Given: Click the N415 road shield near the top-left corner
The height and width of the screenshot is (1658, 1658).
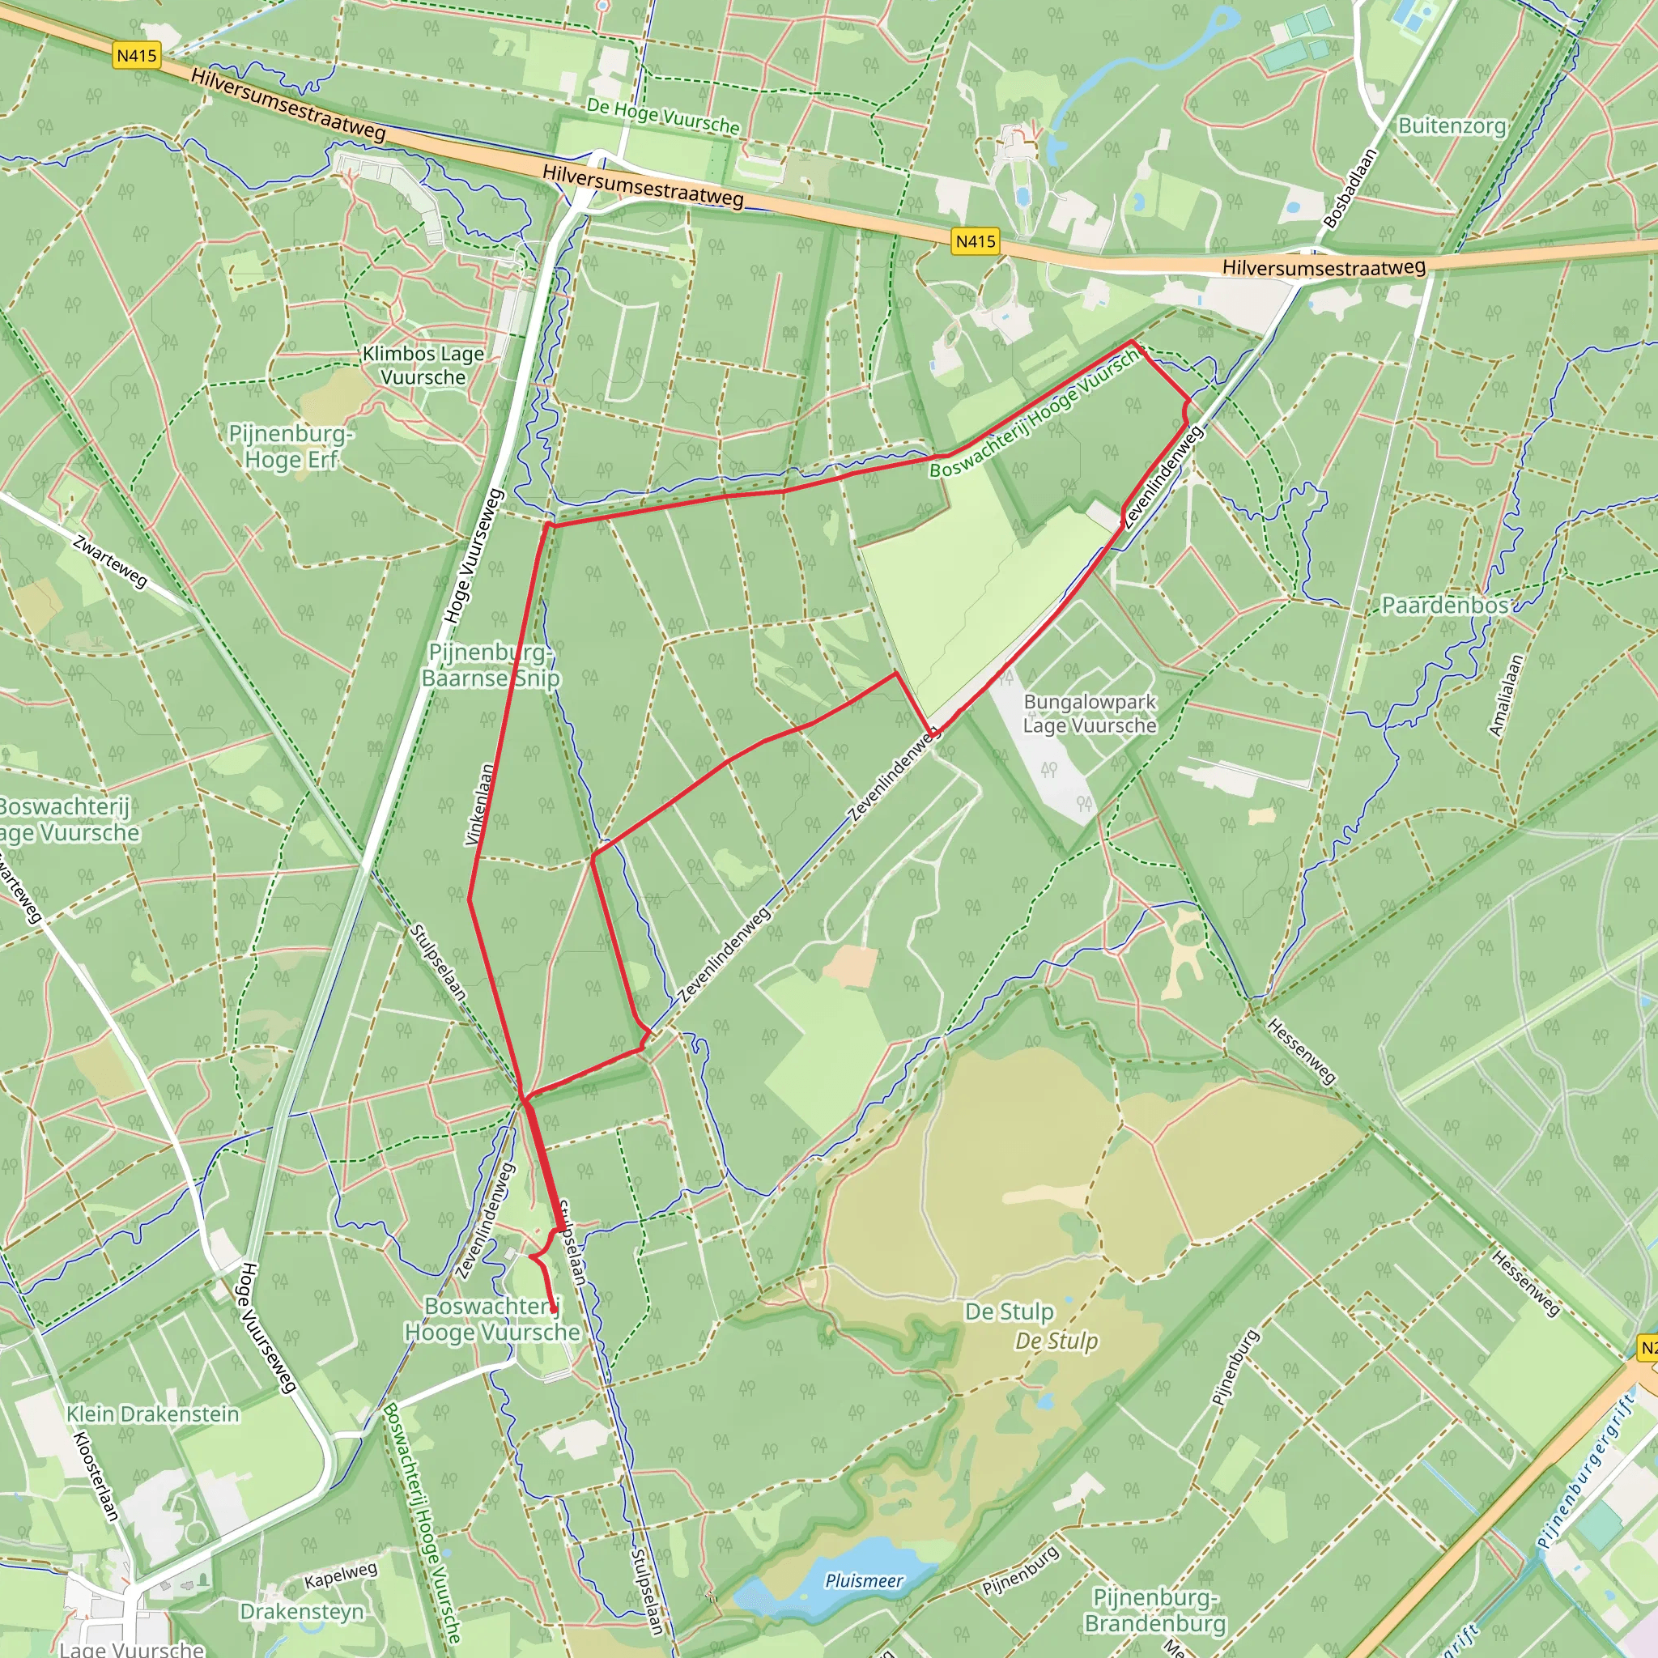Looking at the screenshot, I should tap(137, 57).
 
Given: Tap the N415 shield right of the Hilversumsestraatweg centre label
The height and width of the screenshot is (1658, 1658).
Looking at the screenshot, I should tap(976, 241).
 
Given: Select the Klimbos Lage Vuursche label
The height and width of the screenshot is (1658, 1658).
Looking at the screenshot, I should tap(423, 366).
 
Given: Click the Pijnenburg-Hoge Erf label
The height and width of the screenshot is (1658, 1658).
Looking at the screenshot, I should tap(291, 446).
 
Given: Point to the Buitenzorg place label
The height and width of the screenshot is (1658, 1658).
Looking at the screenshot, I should tap(1452, 126).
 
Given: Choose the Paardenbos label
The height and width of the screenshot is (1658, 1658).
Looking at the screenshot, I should tap(1444, 606).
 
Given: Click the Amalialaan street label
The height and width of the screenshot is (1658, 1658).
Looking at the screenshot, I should tap(1506, 696).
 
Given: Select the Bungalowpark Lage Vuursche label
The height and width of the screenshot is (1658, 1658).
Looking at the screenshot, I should tap(1089, 714).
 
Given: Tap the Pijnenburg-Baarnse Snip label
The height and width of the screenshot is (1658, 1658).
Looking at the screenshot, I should tap(490, 665).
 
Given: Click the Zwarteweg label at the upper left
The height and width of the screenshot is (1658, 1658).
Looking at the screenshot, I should tap(110, 562).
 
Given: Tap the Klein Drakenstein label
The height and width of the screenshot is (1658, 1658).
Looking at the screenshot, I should tap(153, 1414).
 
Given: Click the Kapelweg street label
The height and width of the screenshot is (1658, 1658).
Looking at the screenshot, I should tap(341, 1575).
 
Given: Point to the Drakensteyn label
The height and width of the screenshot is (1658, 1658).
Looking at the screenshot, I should tap(302, 1611).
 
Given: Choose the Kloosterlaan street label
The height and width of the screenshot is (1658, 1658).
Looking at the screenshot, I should tap(95, 1476).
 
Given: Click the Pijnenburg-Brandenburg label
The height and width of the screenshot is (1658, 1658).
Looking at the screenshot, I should tap(1155, 1610).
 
